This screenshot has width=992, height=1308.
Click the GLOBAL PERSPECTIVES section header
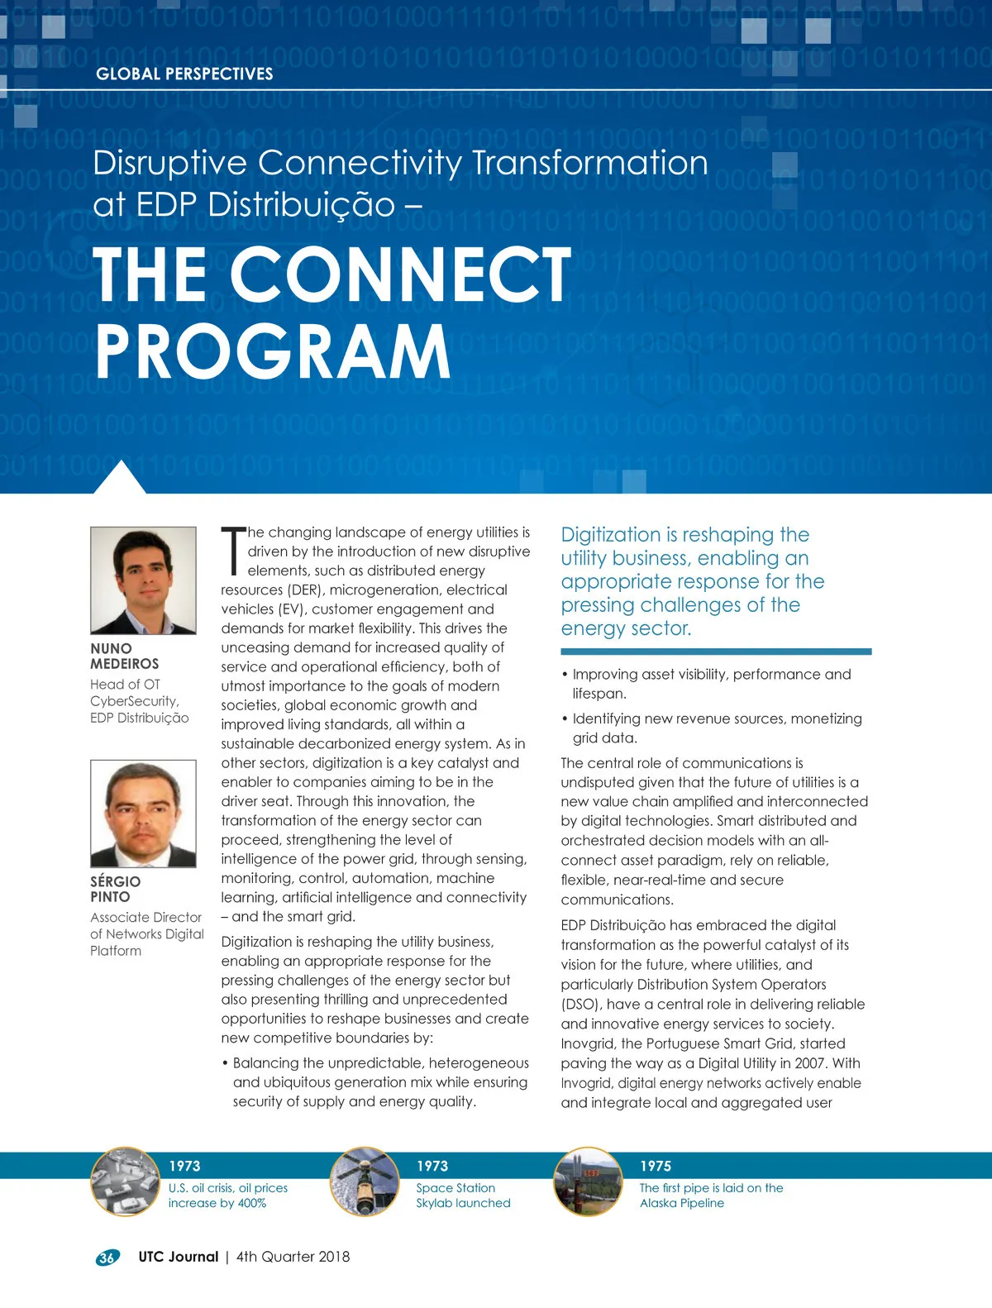point(184,74)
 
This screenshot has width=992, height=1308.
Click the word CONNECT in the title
point(400,274)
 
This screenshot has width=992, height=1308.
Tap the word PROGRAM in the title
point(273,351)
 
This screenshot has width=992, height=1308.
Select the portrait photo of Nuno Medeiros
point(143,580)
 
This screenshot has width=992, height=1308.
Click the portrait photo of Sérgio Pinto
point(143,814)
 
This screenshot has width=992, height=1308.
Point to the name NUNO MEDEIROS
point(124,656)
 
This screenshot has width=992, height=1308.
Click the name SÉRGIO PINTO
point(115,889)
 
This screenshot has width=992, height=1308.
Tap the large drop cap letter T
point(234,551)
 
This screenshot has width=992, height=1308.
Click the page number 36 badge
point(107,1258)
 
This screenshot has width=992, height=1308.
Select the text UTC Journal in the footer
point(178,1257)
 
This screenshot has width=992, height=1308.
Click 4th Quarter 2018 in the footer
point(293,1257)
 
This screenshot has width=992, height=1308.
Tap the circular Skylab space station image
point(364,1181)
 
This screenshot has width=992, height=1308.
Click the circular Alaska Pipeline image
point(588,1181)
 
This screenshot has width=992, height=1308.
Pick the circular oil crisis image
point(125,1181)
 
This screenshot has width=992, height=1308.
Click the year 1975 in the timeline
point(656,1166)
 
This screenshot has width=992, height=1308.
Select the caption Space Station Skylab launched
point(463,1196)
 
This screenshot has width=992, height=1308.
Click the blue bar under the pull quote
point(716,652)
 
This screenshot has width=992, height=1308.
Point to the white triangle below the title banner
point(120,479)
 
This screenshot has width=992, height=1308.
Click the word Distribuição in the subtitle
point(301,204)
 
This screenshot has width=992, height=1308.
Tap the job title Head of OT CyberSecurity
point(135,693)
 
